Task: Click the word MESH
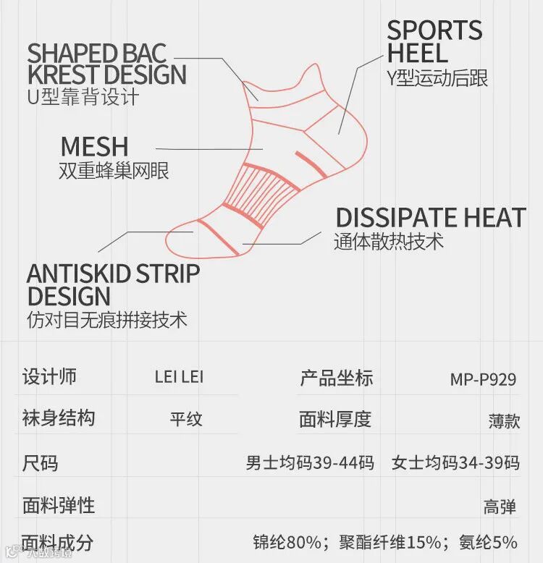[94, 146]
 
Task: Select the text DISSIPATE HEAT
[430, 218]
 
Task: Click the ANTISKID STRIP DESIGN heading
[112, 285]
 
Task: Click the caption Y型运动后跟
[437, 77]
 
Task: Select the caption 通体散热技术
[389, 242]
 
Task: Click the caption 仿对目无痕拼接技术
[106, 319]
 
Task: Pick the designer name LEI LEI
[179, 378]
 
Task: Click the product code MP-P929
[483, 379]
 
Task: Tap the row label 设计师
[49, 377]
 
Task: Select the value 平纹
[186, 419]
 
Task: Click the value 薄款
[503, 420]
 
